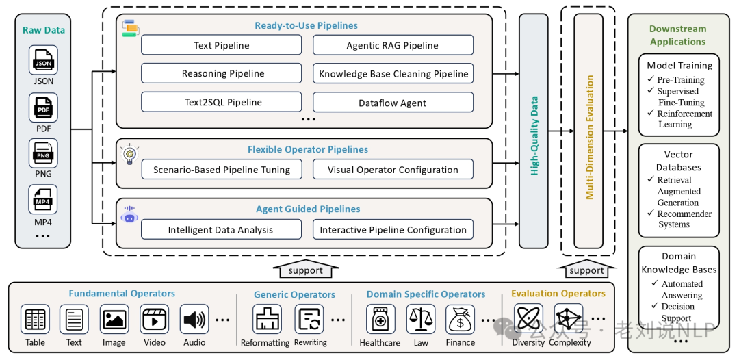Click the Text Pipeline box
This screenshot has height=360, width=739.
coord(222,45)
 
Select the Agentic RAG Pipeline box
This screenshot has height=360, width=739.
coord(393,45)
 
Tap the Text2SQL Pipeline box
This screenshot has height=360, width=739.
coord(222,102)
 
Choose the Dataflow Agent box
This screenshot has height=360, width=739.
coord(393,102)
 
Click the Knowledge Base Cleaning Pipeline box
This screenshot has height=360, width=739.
coord(393,73)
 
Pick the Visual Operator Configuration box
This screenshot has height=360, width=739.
coord(393,170)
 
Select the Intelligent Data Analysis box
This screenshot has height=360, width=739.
coord(222,229)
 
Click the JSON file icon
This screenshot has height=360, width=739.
coord(43,60)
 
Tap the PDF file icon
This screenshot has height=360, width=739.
coord(43,107)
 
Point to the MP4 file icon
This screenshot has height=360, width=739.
coord(43,199)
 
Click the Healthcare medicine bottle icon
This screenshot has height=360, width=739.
coord(381,319)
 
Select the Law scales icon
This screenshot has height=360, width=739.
coord(421,319)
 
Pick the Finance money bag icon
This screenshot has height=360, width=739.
coord(461,319)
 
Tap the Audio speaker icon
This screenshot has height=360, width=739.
coord(194,319)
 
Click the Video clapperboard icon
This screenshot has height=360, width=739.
coord(154,319)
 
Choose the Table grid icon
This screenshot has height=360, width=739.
coord(35,319)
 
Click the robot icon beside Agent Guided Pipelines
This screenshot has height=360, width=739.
coord(129,215)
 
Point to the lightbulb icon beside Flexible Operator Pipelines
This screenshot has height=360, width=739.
coord(129,154)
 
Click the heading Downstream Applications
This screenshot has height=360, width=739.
coord(677,36)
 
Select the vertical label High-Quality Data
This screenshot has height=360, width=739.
coord(534,136)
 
